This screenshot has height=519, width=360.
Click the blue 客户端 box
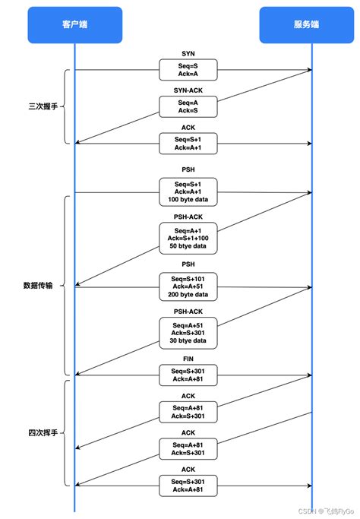(x=74, y=24)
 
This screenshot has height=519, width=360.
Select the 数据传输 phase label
(x=39, y=286)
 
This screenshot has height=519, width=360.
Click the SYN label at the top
(x=188, y=53)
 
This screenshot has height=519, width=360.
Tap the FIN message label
(x=188, y=358)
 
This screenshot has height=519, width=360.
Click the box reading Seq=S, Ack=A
(x=188, y=70)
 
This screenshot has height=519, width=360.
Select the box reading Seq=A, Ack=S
(x=188, y=106)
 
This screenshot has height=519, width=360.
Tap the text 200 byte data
(x=188, y=294)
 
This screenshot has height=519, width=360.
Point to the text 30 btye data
(x=188, y=340)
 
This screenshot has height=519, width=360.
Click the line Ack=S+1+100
(x=188, y=239)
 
